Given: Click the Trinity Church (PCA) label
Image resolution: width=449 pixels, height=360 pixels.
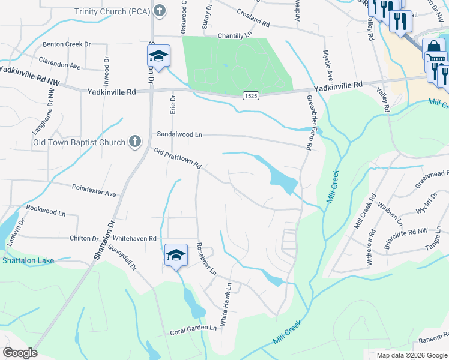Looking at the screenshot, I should pos(113,11).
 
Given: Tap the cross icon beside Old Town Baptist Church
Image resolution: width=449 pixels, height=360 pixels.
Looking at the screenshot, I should pos(136,142).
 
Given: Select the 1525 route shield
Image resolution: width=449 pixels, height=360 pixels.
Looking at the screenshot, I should pos(251,95).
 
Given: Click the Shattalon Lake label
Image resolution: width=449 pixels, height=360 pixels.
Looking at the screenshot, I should pos(28,260).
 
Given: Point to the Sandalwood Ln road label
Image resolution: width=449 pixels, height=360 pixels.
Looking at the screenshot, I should pos(179,135).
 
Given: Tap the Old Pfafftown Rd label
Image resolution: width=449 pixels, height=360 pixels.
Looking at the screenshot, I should pos(177,159).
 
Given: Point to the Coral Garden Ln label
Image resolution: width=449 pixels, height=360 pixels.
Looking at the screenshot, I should pos(193,329).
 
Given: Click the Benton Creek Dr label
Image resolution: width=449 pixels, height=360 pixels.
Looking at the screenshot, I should pos(66,44).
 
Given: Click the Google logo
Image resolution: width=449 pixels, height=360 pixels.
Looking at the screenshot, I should pos(20,352).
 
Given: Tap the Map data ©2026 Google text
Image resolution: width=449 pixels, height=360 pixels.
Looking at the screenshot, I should pos(411,355).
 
